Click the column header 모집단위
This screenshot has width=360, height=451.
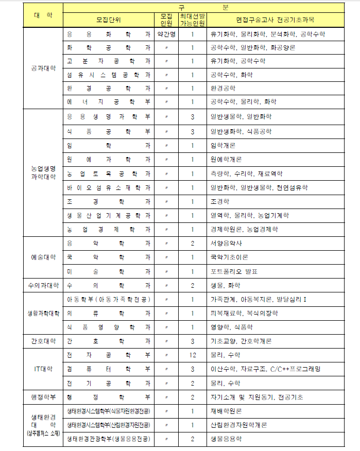pyautogui.click(x=109, y=20)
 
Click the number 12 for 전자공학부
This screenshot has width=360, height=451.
pyautogui.click(x=192, y=355)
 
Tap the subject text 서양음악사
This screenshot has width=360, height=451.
pyautogui.click(x=227, y=243)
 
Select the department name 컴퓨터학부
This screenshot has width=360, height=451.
pyautogui.click(x=109, y=369)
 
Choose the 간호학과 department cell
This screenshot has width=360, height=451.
pyautogui.click(x=109, y=341)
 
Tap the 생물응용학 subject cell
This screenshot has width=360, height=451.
pyautogui.click(x=226, y=439)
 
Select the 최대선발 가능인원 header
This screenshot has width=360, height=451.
pyautogui.click(x=192, y=20)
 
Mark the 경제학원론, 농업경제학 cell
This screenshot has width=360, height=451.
pyautogui.click(x=244, y=229)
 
